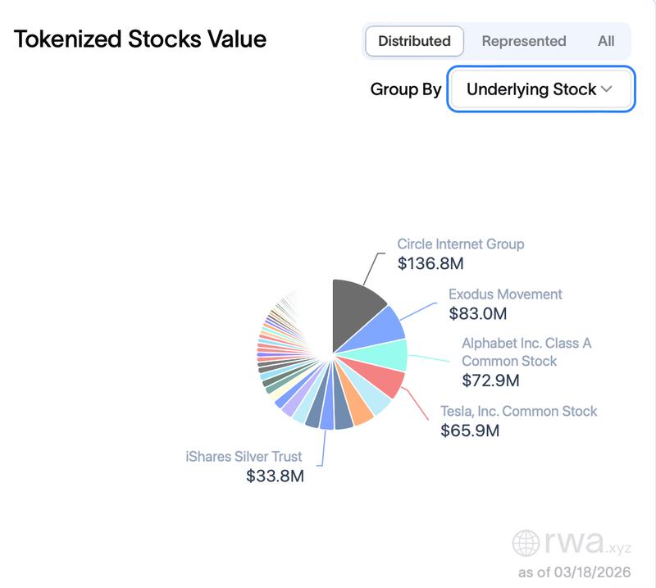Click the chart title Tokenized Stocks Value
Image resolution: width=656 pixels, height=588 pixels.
[x=140, y=39]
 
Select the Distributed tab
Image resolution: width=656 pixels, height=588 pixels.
[x=414, y=41]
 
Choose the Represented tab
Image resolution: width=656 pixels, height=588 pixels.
[x=524, y=41]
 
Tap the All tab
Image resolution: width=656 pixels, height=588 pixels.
[x=606, y=41]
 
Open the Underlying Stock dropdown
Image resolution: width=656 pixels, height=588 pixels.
[x=540, y=89]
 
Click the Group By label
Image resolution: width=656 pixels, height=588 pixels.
[x=406, y=89]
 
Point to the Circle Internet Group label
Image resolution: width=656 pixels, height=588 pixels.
[x=461, y=244]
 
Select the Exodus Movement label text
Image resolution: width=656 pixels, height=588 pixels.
[x=505, y=294]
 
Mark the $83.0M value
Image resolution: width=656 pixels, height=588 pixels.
[x=478, y=313]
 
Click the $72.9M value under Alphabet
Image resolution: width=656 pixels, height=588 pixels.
[x=490, y=381]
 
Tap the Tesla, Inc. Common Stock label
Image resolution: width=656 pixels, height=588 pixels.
[x=519, y=411]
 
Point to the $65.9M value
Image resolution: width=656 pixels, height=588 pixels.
[x=470, y=431]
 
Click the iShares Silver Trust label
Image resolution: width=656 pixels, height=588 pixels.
[x=244, y=456]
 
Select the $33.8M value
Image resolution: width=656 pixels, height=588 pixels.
[x=275, y=476]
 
